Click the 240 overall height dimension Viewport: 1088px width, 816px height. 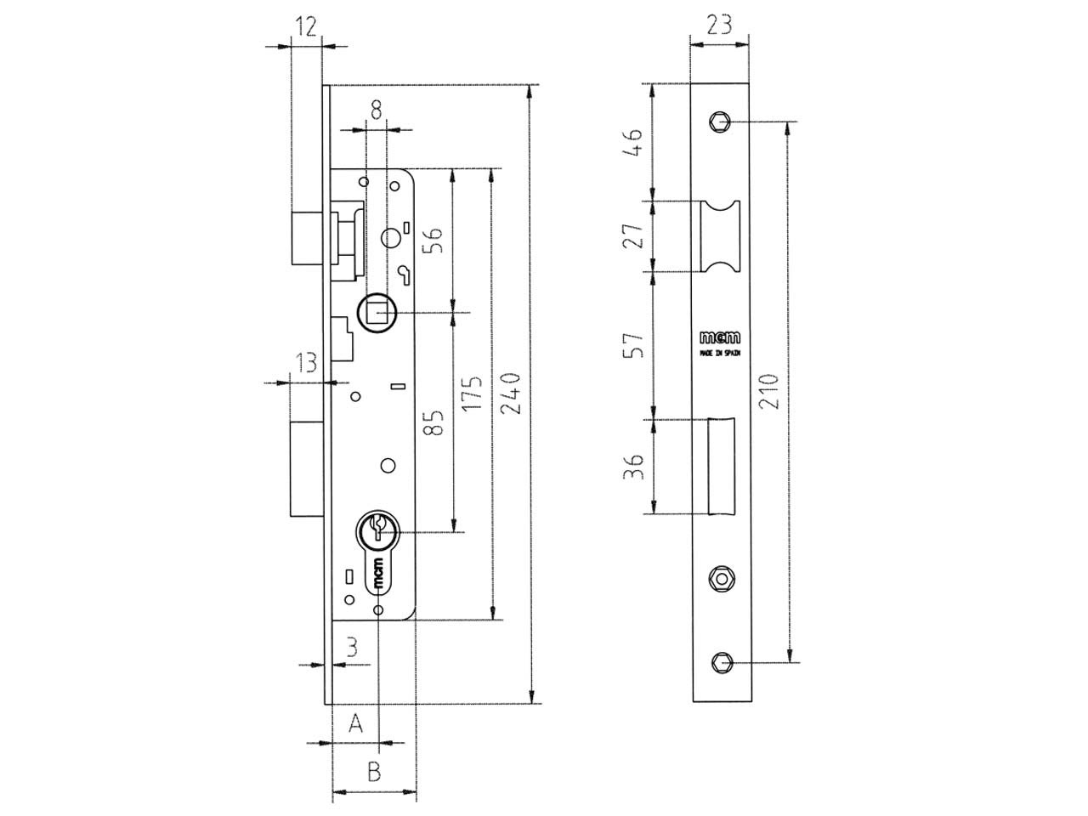coord(510,393)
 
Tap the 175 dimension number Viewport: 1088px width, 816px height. coord(472,393)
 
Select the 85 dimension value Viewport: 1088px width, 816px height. coord(433,422)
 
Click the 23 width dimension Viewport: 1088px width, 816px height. coord(719,25)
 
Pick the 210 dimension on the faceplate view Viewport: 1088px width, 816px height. coord(768,391)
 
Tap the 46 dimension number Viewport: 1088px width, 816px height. coord(632,143)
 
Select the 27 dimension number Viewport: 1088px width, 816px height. coord(632,235)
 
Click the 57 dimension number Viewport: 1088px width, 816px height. coord(633,345)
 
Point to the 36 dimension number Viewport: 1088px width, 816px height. coord(633,466)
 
